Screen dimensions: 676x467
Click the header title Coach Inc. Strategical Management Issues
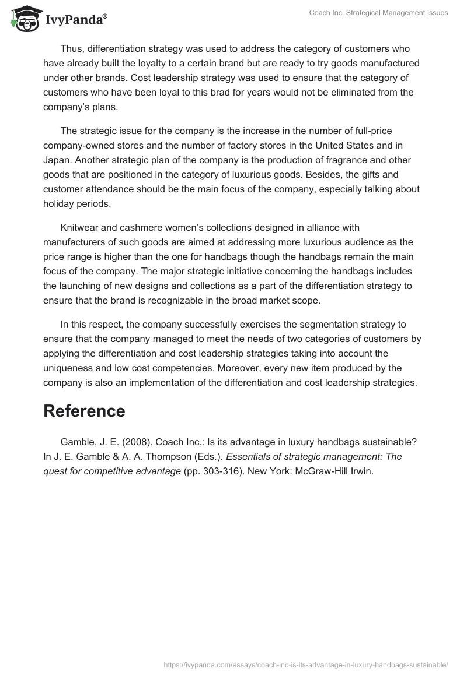click(x=378, y=13)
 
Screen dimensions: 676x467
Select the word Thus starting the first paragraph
click(x=71, y=48)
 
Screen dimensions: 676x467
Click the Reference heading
click(x=84, y=411)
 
